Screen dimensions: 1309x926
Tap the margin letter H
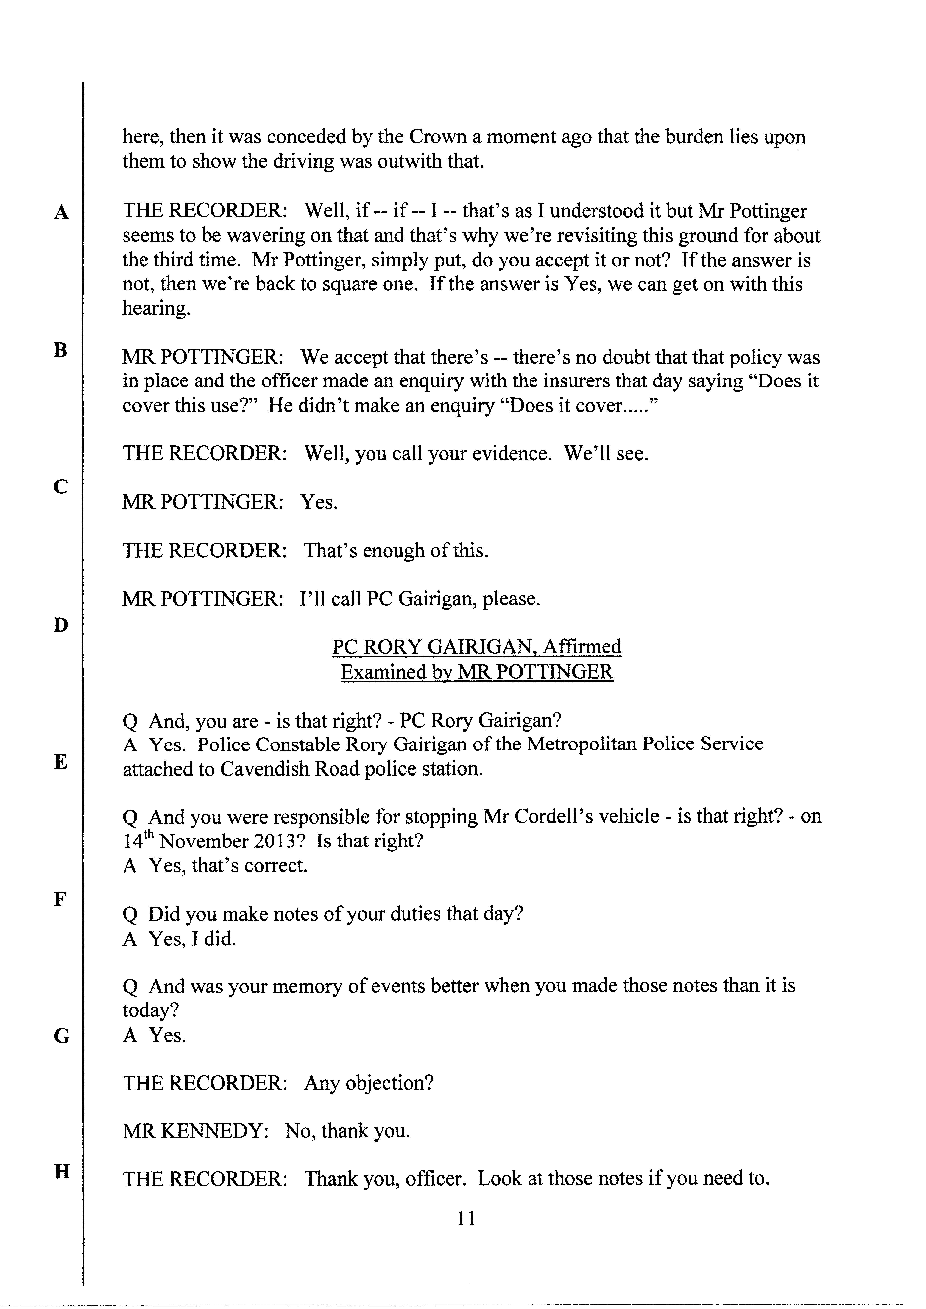pos(61,1172)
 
